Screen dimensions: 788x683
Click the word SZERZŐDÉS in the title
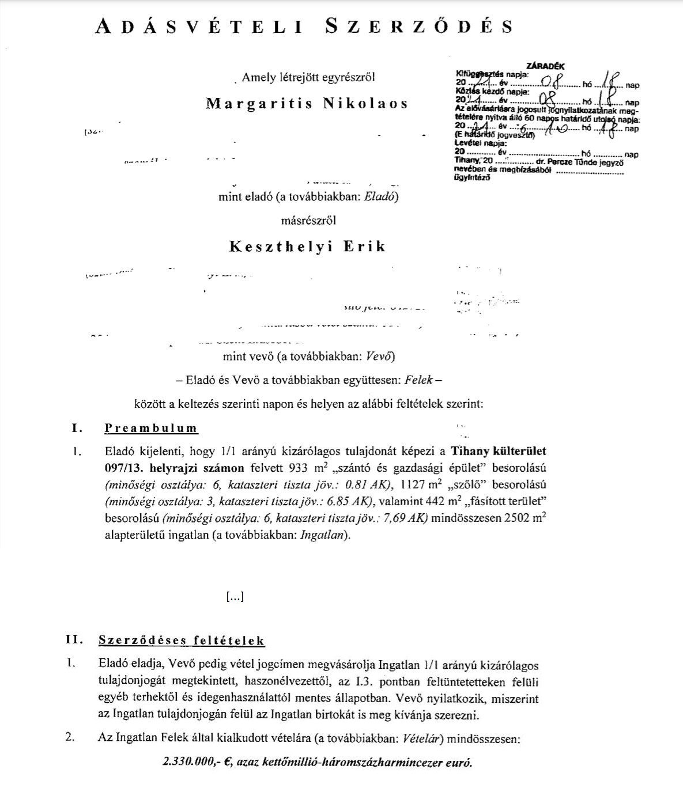point(419,26)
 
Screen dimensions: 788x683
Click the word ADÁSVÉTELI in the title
point(199,26)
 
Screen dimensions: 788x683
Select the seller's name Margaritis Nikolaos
point(307,104)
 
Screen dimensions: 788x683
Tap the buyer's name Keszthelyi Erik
point(308,247)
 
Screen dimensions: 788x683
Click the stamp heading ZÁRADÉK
point(545,66)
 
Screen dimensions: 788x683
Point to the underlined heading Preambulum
point(151,429)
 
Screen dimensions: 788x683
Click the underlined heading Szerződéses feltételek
point(182,641)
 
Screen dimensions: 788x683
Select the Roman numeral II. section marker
point(75,640)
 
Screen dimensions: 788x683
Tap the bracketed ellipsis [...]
point(235,597)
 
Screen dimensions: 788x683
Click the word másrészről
point(308,221)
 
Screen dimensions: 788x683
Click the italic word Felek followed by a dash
point(418,380)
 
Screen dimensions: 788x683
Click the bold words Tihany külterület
point(498,451)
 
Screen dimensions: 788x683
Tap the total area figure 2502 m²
point(524,517)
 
